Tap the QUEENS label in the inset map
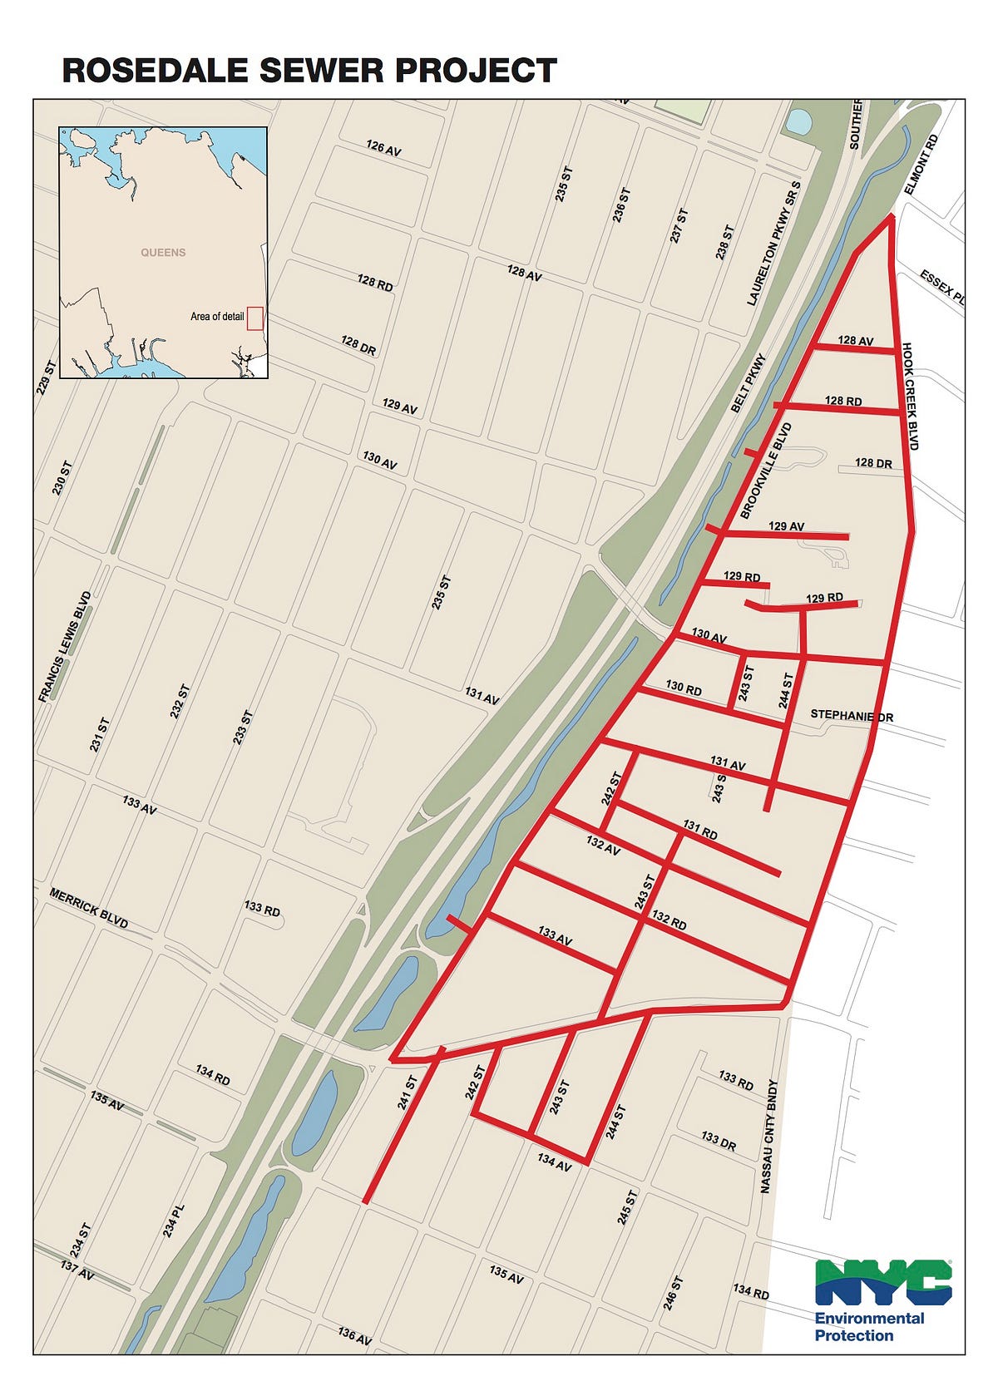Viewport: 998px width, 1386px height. point(163,252)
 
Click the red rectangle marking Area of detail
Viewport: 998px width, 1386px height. point(255,318)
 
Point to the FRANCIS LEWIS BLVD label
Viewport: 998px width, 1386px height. point(65,647)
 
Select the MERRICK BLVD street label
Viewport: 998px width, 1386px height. point(89,909)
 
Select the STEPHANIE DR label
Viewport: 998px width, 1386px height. point(852,715)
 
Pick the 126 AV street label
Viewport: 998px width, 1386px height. point(383,148)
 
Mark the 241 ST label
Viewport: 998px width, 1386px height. point(407,1095)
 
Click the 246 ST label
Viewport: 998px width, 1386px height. point(673,1293)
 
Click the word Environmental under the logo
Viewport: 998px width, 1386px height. point(869,1318)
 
